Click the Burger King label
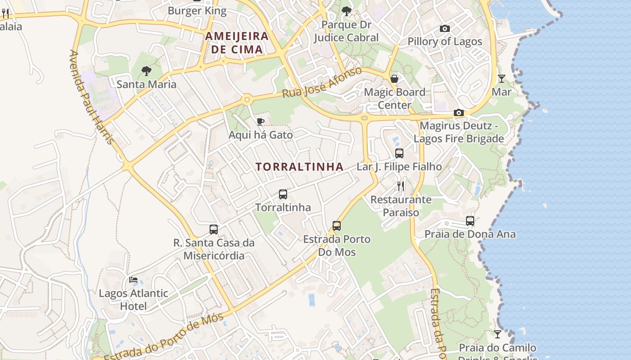tap(197, 10)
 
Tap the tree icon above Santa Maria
tap(146, 71)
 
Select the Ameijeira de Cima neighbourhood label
tap(237, 43)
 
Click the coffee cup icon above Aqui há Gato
tap(260, 121)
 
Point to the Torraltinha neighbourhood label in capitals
tap(299, 167)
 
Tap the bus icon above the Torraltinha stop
tap(283, 194)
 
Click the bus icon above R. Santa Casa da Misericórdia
tap(214, 229)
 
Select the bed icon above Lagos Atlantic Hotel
tap(133, 280)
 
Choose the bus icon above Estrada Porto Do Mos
tap(337, 226)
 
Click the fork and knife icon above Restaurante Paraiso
tap(401, 186)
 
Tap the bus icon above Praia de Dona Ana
tap(470, 221)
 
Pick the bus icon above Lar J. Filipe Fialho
tap(399, 153)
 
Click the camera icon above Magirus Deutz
tap(459, 112)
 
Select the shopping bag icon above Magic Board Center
tap(394, 79)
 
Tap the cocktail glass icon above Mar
tap(501, 79)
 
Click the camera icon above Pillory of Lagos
tap(444, 29)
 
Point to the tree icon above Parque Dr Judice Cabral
tap(346, 11)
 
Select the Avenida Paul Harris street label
tap(91, 97)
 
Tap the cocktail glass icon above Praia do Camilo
tap(497, 334)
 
